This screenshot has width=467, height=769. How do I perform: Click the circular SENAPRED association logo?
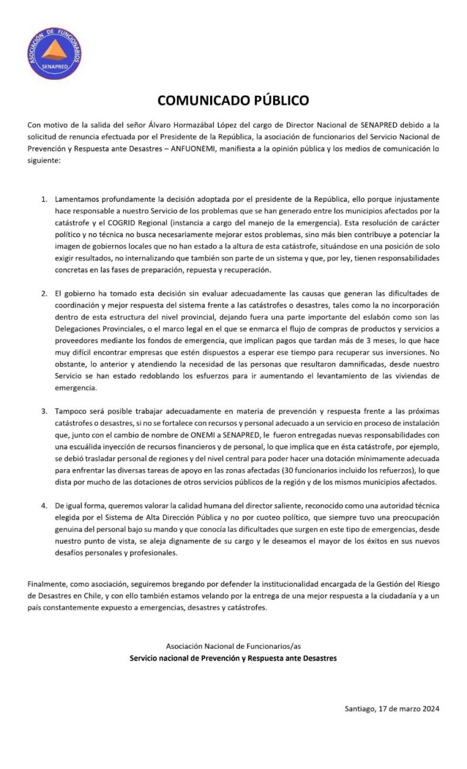(x=54, y=53)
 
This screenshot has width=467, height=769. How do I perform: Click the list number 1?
(x=44, y=200)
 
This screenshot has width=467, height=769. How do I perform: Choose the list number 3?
(x=44, y=411)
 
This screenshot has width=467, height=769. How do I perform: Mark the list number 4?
(x=44, y=505)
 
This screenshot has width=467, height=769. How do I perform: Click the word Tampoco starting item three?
(x=72, y=411)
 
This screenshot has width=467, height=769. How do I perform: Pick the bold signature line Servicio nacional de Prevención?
(x=233, y=658)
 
